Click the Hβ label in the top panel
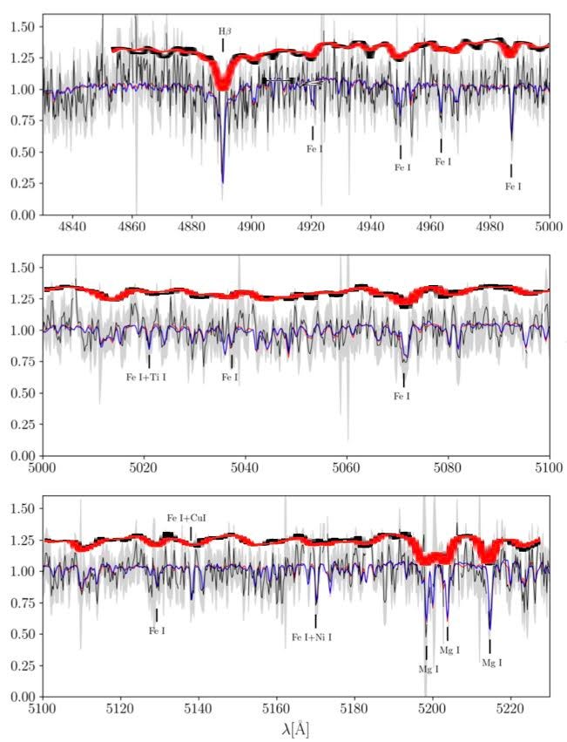pyautogui.click(x=225, y=31)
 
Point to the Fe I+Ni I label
pyautogui.click(x=312, y=637)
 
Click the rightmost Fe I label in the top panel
pyautogui.click(x=514, y=186)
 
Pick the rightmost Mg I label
pyautogui.click(x=491, y=663)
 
